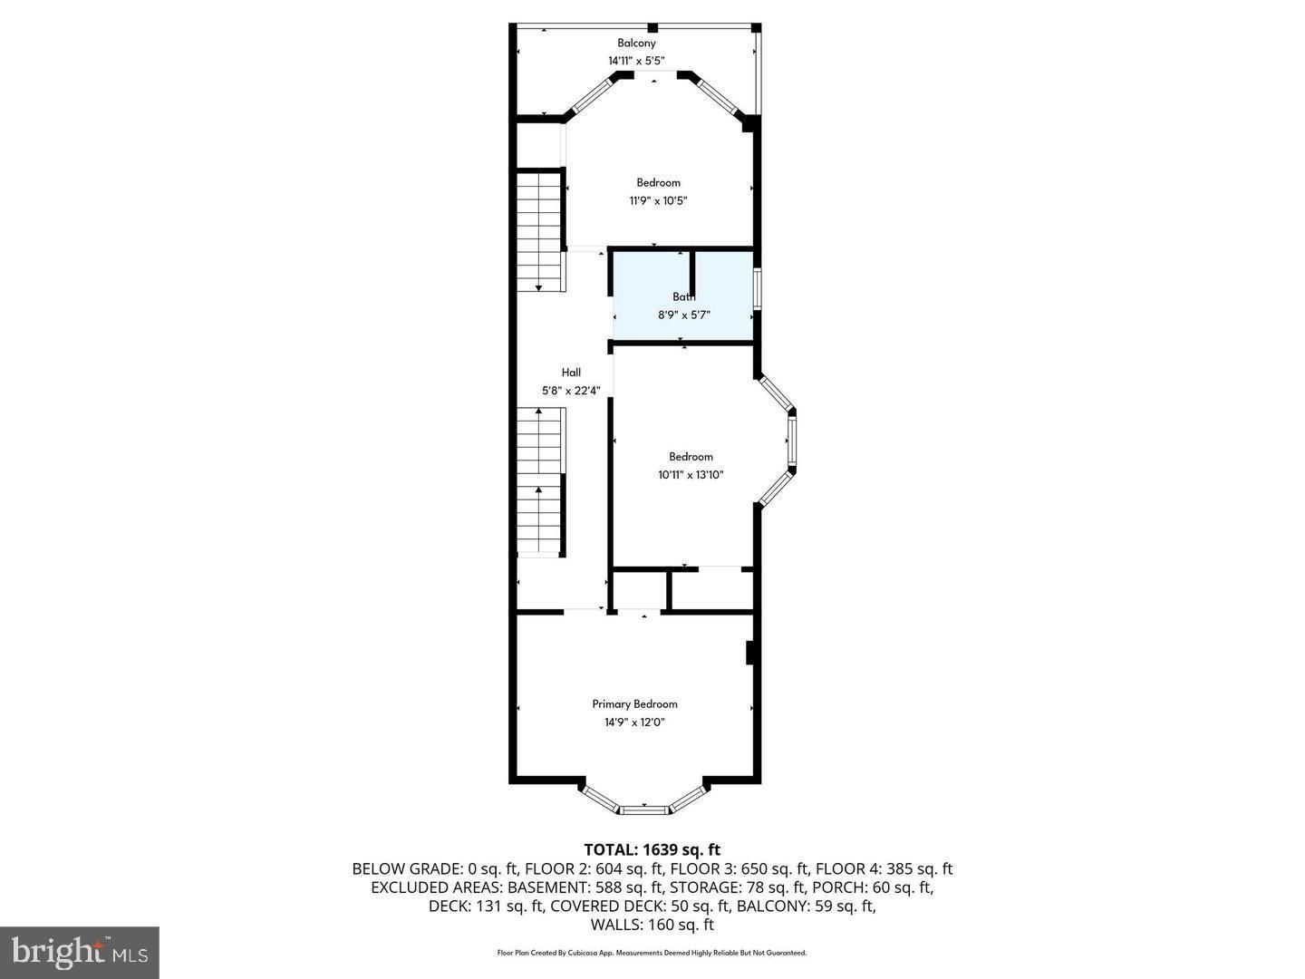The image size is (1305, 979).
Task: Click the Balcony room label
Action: click(636, 43)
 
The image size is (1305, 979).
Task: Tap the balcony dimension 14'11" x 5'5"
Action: click(636, 61)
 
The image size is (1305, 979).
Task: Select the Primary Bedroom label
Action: click(634, 703)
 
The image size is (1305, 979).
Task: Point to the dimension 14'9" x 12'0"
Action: click(634, 722)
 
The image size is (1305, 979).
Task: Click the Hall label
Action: click(571, 372)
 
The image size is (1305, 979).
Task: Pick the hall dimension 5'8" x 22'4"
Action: click(571, 391)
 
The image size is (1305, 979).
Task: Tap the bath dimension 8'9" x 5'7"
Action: click(684, 315)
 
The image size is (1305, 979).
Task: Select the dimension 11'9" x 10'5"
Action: click(658, 201)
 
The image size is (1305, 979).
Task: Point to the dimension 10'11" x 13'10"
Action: click(691, 475)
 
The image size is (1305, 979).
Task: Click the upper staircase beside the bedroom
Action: click(540, 231)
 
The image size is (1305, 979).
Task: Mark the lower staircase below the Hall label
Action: click(540, 480)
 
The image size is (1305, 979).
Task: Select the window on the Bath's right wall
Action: click(758, 290)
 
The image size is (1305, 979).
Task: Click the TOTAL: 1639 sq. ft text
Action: click(652, 849)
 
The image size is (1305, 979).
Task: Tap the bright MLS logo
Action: click(80, 952)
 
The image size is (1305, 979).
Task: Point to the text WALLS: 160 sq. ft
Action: click(652, 925)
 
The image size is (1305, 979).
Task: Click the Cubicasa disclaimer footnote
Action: click(652, 953)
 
